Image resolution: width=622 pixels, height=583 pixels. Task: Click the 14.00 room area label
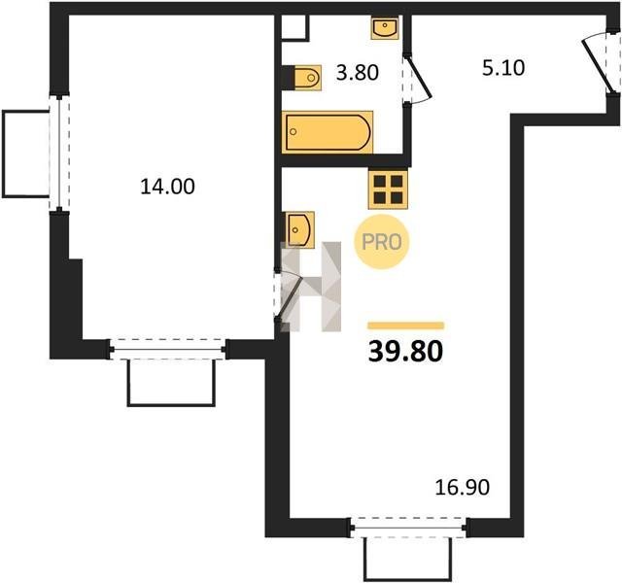pyautogui.click(x=167, y=187)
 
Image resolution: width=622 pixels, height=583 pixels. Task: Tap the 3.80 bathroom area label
pyautogui.click(x=358, y=73)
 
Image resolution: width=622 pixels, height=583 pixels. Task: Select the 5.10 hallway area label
pyautogui.click(x=503, y=67)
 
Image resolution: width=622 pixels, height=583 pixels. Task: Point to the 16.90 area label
pyautogui.click(x=463, y=488)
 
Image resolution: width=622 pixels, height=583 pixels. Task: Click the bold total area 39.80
pyautogui.click(x=405, y=352)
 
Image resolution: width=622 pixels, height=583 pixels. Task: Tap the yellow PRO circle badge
pyautogui.click(x=381, y=242)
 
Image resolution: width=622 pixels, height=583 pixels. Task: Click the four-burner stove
pyautogui.click(x=388, y=189)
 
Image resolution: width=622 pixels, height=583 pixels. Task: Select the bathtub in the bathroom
pyautogui.click(x=328, y=132)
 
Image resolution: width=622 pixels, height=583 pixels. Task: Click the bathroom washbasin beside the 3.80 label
pyautogui.click(x=385, y=27)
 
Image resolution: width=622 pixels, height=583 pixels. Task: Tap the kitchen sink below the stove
pyautogui.click(x=300, y=229)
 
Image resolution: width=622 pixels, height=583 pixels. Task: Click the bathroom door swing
pyautogui.click(x=417, y=80)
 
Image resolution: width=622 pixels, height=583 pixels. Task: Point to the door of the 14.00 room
pyautogui.click(x=289, y=295)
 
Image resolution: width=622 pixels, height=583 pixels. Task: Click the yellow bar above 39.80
pyautogui.click(x=406, y=326)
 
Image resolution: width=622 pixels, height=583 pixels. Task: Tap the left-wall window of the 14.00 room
pyautogui.click(x=59, y=154)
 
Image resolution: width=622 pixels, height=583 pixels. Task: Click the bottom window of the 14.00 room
pyautogui.click(x=168, y=350)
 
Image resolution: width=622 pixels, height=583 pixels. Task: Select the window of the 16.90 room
pyautogui.click(x=409, y=528)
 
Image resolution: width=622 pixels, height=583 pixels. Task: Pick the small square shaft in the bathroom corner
pyautogui.click(x=294, y=28)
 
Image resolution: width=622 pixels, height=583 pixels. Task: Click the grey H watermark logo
pyautogui.click(x=311, y=287)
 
